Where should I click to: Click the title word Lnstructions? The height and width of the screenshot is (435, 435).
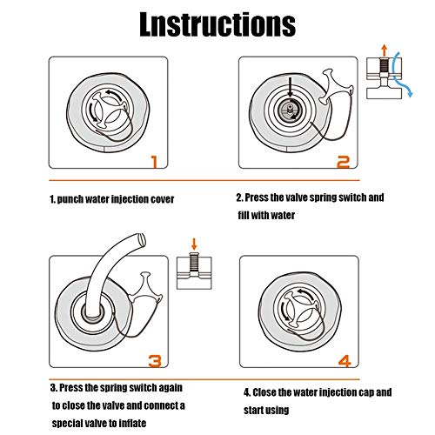217,24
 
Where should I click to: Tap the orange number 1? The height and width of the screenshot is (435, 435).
155,162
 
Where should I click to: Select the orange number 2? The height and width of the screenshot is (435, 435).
344,162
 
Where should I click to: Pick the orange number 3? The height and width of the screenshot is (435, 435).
155,361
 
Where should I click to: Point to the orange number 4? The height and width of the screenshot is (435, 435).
345,361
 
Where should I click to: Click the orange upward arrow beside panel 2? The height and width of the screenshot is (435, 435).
385,50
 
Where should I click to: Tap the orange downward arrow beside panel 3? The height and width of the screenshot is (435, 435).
194,244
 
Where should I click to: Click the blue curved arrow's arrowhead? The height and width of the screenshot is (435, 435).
410,93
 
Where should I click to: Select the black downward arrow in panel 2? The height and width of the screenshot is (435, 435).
290,88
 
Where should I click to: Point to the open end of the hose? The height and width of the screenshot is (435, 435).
142,240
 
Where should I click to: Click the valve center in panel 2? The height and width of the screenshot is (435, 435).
290,109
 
